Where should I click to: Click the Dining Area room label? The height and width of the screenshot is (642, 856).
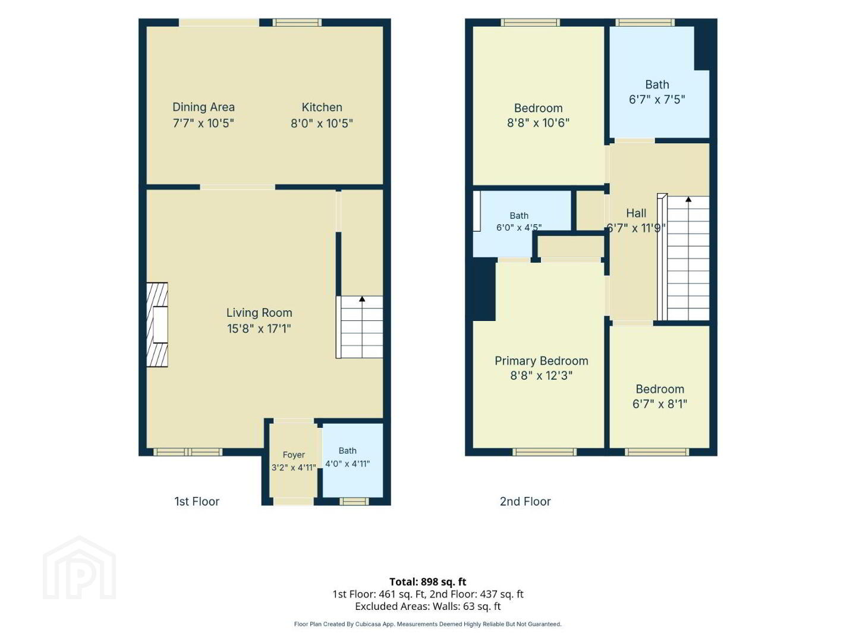(203, 107)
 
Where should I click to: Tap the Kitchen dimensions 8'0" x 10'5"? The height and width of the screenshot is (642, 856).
(322, 124)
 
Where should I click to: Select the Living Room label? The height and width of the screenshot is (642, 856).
(259, 313)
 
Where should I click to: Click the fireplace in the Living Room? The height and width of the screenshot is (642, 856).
(157, 325)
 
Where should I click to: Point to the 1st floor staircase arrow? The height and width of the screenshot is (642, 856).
(362, 299)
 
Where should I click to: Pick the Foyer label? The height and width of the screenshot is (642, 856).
(294, 455)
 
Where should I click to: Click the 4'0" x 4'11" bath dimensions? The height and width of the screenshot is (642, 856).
(348, 464)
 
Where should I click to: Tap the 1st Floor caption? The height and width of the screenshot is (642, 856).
(197, 502)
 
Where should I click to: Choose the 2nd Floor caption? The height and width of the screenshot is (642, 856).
(525, 502)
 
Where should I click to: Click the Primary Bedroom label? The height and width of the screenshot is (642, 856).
(542, 361)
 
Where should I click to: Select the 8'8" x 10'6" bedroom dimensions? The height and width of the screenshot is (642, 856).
(538, 123)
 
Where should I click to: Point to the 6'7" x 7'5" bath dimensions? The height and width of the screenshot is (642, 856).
(657, 100)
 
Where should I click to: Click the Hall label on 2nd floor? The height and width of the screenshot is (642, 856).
(636, 213)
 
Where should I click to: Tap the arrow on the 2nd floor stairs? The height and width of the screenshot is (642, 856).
(688, 200)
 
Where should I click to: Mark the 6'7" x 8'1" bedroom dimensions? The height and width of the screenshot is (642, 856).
(660, 404)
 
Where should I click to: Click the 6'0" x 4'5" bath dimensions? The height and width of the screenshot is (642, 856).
(519, 227)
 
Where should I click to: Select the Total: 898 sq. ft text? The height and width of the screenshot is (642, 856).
(428, 582)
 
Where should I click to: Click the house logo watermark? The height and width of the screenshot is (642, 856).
(80, 568)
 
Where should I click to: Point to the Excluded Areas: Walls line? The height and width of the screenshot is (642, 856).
(428, 606)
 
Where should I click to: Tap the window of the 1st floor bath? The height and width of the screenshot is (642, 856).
(354, 501)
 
